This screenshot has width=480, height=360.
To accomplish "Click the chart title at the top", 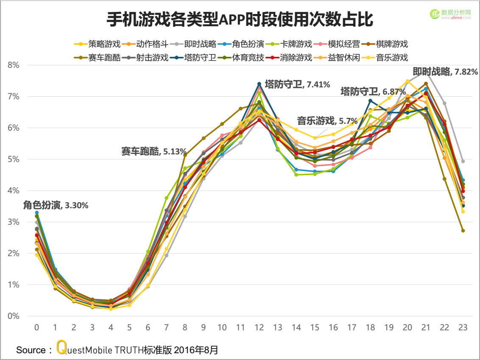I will [240, 20].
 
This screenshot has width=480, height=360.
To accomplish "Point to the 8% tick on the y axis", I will [14, 65].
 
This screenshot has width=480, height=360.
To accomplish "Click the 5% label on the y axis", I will [14, 159].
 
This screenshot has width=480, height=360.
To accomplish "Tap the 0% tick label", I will [14, 316].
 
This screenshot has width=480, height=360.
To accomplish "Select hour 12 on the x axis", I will [259, 327].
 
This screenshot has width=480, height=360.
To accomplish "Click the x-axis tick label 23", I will [463, 327].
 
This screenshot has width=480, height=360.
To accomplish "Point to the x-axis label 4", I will [111, 327].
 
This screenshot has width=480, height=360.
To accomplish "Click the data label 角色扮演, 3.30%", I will [56, 205].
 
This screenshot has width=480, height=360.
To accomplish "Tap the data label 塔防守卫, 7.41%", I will [297, 84].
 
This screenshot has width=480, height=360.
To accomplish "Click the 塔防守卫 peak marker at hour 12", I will [259, 84].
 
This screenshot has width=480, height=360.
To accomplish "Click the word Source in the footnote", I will [31, 350].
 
